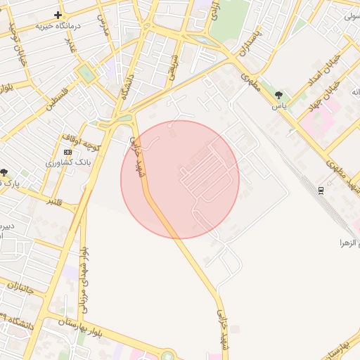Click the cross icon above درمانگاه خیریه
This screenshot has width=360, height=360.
58,15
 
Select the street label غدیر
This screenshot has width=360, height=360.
70,43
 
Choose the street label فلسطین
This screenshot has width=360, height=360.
60,101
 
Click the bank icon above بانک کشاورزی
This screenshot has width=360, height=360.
67,152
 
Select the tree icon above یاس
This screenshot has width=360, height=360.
280,95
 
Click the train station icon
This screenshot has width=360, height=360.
321,190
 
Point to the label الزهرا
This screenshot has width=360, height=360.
349,243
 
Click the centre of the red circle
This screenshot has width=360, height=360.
180,179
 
